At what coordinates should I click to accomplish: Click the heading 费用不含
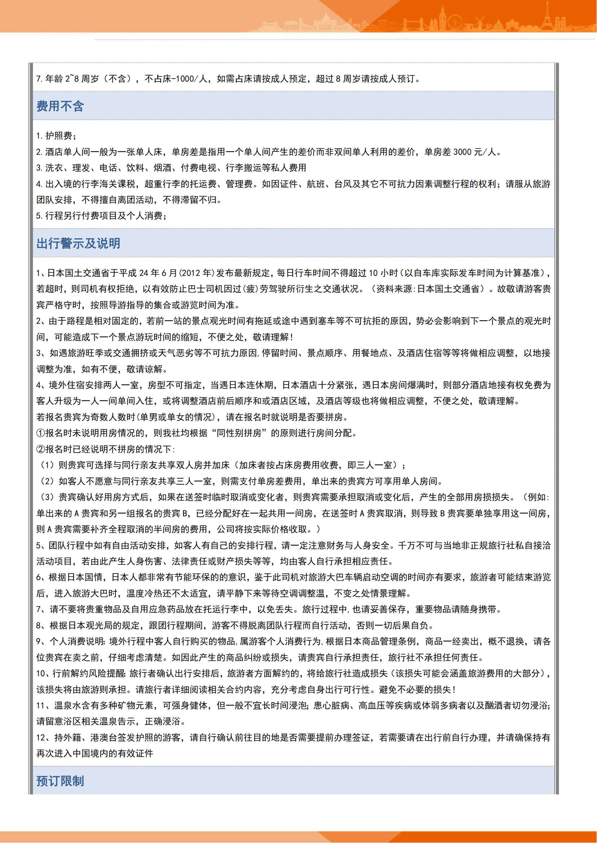pos(60,106)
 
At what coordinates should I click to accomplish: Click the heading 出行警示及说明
pos(78,243)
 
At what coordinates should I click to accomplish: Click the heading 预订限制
pos(60,781)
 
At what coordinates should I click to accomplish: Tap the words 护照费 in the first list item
pos(59,136)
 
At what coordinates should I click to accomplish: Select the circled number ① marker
pos(40,433)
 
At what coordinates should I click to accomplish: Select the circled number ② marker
pos(40,449)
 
